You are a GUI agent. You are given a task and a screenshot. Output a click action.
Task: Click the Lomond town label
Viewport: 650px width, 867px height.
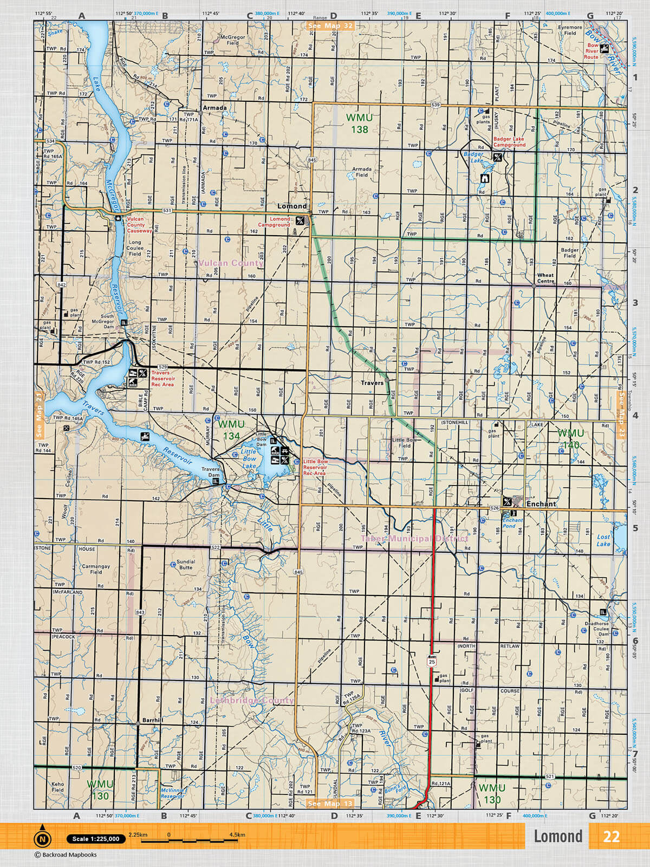(x=292, y=206)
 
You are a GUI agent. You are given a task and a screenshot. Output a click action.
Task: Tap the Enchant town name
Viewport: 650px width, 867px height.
(x=541, y=504)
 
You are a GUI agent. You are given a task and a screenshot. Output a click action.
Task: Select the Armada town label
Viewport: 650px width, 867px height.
(x=214, y=108)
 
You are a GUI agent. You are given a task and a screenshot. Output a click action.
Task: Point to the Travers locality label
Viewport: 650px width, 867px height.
(x=372, y=383)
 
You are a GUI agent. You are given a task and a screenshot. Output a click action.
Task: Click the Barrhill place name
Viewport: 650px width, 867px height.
(x=152, y=721)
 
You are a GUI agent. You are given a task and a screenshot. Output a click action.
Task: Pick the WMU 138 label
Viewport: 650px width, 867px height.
(x=359, y=124)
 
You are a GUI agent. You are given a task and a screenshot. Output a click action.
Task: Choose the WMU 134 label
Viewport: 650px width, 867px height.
(x=231, y=430)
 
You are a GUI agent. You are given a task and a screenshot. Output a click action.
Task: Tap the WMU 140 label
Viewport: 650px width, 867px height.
(x=571, y=439)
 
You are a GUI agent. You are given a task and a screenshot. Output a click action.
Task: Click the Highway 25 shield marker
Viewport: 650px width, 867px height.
(x=431, y=662)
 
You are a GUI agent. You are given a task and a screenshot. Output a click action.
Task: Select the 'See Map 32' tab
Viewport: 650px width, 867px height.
(x=330, y=25)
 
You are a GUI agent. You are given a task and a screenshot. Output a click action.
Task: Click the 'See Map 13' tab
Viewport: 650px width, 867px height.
(x=330, y=804)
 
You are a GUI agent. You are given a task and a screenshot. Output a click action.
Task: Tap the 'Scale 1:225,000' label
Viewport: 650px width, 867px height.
(x=96, y=839)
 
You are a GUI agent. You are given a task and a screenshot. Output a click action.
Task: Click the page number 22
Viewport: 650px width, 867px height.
(x=611, y=837)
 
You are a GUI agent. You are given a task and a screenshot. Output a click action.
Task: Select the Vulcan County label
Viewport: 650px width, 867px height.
(x=231, y=263)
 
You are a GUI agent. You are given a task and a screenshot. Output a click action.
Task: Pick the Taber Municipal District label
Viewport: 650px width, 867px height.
(x=414, y=539)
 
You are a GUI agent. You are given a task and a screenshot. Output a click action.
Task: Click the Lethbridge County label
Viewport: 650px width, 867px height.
(x=252, y=701)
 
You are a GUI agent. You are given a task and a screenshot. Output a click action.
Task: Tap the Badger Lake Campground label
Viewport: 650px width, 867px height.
(x=509, y=142)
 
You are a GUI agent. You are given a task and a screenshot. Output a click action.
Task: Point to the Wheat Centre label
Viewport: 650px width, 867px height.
(x=545, y=278)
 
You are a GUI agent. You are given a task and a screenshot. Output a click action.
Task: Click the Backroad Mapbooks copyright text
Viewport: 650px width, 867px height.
(x=66, y=855)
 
